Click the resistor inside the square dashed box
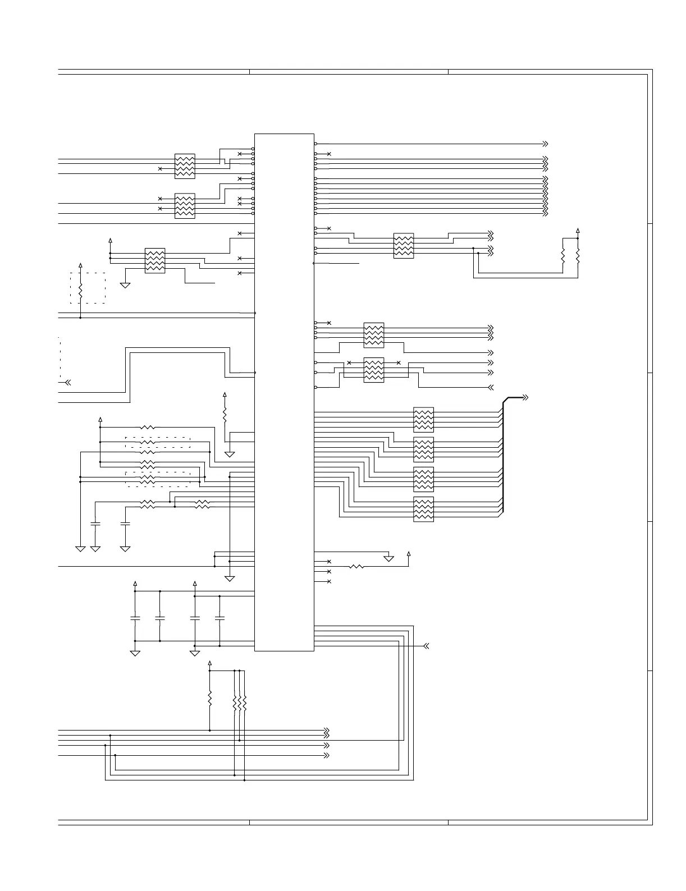(80, 291)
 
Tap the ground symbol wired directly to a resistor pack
(125, 285)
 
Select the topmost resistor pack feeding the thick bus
(423, 419)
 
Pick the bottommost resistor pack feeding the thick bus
(423, 509)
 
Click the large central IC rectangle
(284, 392)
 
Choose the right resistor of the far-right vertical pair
(578, 256)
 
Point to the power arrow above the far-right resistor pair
(578, 231)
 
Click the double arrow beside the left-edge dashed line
(68, 383)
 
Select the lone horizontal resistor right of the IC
(356, 567)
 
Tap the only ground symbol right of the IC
(388, 558)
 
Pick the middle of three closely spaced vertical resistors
(240, 703)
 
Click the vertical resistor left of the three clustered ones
(210, 699)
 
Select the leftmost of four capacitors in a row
(135, 618)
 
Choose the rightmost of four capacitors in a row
(219, 618)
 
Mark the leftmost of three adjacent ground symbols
(80, 548)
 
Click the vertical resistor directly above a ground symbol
(225, 415)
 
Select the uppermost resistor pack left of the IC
(185, 166)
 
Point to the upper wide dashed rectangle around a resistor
(158, 442)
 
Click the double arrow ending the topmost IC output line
(545, 144)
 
